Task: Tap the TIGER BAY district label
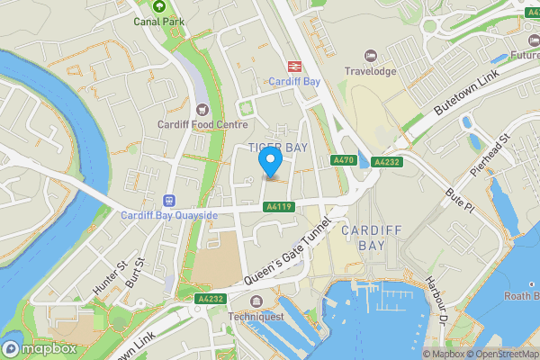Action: [x=278, y=147]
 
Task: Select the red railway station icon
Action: [x=293, y=66]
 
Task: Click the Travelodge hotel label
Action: [x=370, y=71]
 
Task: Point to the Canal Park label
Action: [x=158, y=21]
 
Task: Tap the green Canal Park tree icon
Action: [x=159, y=6]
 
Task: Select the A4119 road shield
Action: [x=279, y=206]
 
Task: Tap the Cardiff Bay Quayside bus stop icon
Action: [x=168, y=200]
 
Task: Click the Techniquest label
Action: [x=256, y=316]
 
